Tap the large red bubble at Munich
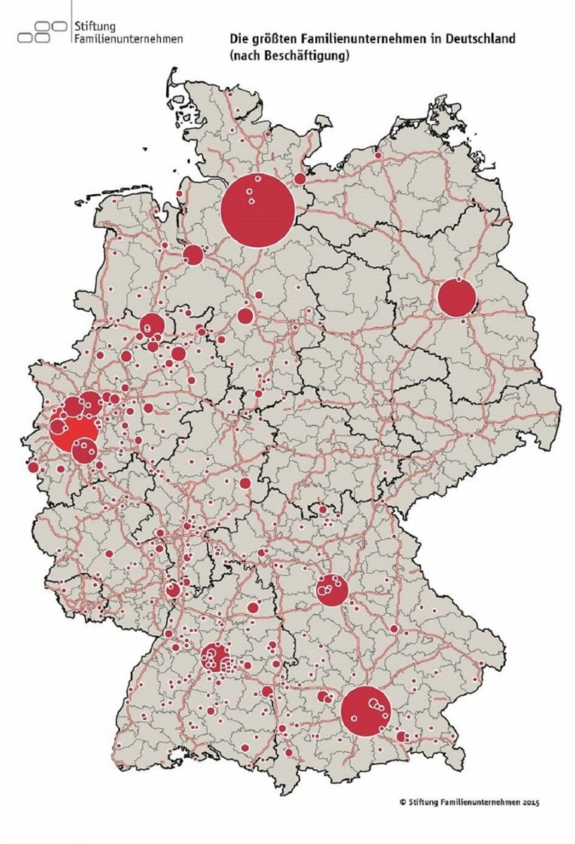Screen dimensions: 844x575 coord(365,711)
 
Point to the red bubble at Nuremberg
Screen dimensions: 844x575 coord(332,589)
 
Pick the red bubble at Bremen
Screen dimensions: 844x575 coord(193,255)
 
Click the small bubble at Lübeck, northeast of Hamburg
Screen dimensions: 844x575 coord(301,179)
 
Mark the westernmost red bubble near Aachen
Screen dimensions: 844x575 coord(34,467)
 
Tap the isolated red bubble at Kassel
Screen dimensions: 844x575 coord(245,483)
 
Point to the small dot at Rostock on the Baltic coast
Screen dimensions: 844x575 coord(379,156)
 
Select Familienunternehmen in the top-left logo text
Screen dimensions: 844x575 coord(129,39)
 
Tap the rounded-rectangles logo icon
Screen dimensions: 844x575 coord(43,32)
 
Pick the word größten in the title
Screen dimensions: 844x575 coord(270,40)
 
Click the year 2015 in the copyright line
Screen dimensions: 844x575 coord(530,801)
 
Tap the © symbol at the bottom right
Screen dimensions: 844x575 coord(401,801)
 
